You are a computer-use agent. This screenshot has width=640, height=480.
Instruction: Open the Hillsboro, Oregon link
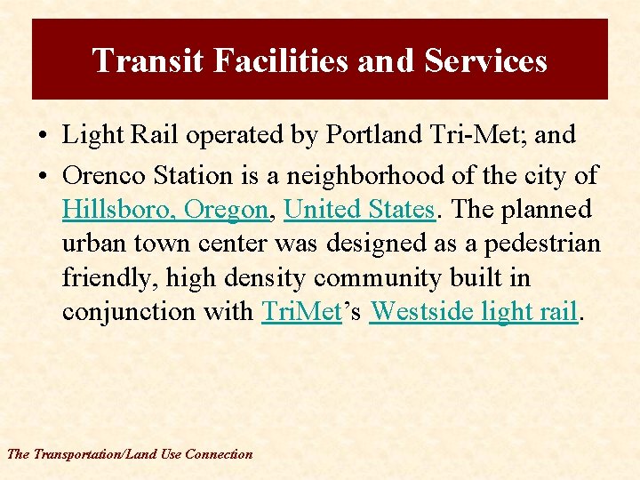click(x=165, y=210)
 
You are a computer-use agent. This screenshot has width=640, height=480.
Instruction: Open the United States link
click(x=360, y=210)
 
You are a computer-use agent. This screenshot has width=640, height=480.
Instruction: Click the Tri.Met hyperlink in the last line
click(x=302, y=312)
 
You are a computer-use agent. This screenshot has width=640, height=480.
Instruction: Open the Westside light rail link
click(x=474, y=312)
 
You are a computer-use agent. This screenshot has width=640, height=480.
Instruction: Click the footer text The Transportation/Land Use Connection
click(x=130, y=454)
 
